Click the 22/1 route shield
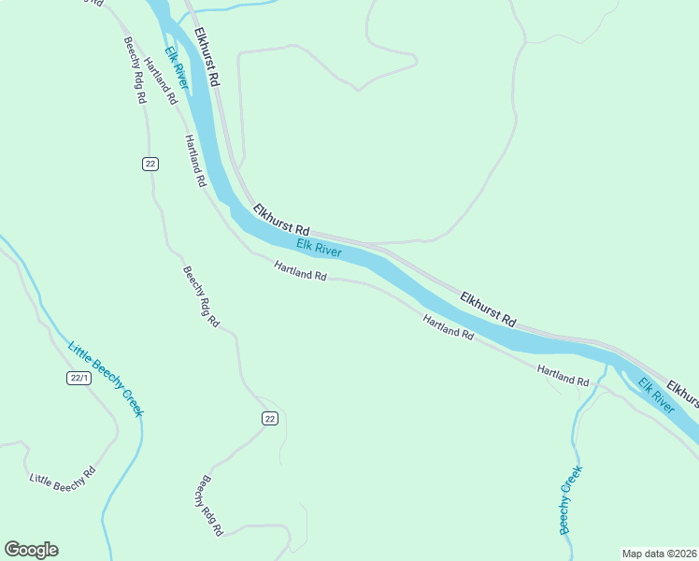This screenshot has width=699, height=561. (78, 378)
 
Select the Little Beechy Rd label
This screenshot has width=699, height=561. (62, 478)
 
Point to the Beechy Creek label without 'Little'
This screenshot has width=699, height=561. (570, 499)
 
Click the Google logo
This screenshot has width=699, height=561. (31, 550)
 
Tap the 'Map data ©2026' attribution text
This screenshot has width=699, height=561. (659, 554)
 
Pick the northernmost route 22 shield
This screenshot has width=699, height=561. (150, 164)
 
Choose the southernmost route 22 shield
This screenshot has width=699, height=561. (269, 418)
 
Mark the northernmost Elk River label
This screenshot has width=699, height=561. (177, 68)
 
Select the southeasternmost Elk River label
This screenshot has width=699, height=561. (656, 396)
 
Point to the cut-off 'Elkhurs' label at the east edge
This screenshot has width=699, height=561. (682, 391)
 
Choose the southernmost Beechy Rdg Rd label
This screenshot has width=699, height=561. (208, 505)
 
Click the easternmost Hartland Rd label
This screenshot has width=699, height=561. (563, 376)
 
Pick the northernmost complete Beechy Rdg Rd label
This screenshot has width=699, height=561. (135, 70)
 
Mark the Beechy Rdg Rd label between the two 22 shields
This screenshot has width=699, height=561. (201, 296)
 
